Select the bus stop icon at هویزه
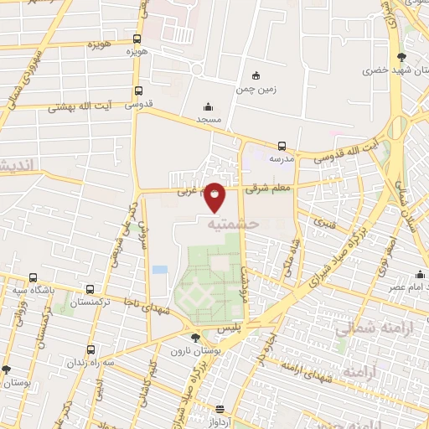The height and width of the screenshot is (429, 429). (x=137, y=39)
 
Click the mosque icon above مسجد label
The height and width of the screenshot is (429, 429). (x=209, y=107)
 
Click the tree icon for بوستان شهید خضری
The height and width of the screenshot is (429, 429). (x=402, y=57)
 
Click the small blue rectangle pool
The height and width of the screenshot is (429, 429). (x=159, y=270)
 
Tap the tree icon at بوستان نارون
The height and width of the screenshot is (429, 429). (x=195, y=338)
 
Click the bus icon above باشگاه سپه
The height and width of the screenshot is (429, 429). (x=33, y=278)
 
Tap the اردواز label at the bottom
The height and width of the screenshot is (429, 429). (x=219, y=423)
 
